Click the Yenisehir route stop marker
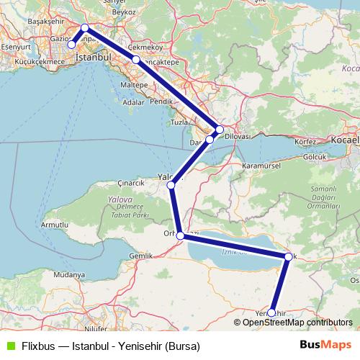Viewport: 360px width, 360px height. point(271,313)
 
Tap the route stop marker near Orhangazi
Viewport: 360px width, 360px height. point(181,235)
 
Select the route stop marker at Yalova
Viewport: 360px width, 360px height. point(171,186)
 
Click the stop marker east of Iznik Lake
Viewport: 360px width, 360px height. point(288,257)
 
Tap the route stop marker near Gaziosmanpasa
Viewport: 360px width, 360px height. point(71,45)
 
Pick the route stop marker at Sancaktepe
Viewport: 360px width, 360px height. point(135,59)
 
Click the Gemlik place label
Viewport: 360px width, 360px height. point(141,256)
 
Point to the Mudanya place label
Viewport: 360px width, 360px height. point(69,275)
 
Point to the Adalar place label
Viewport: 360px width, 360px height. point(134,102)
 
